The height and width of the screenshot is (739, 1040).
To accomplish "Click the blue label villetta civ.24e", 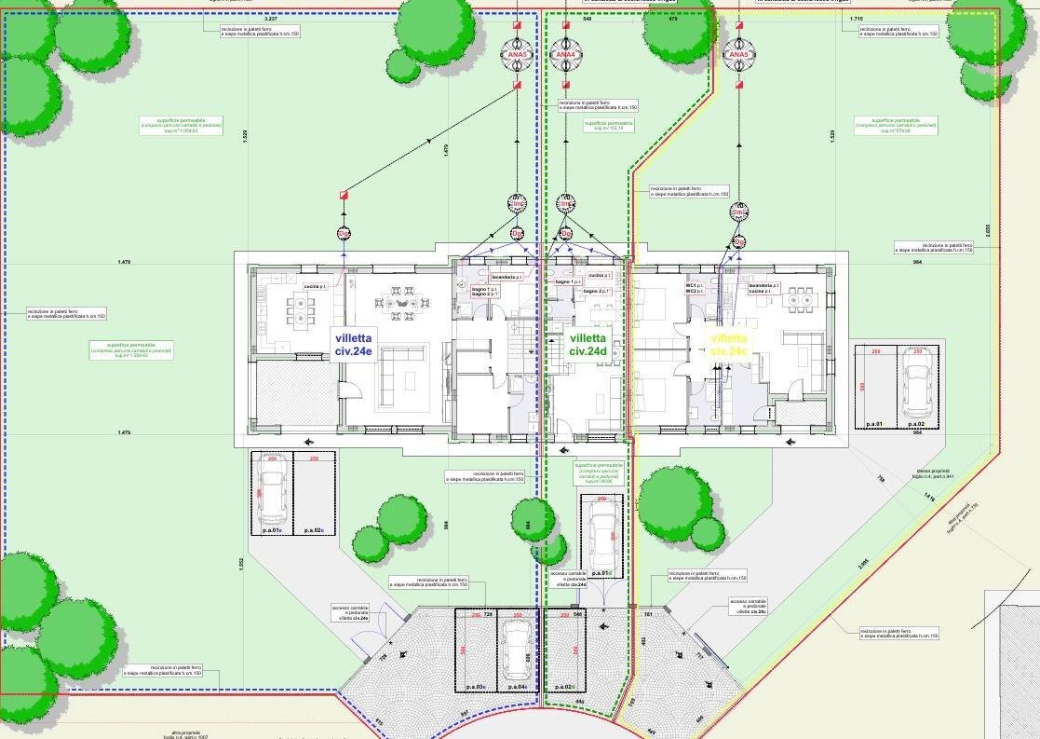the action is point(353,345).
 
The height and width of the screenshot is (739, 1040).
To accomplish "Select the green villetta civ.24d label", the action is point(588,345).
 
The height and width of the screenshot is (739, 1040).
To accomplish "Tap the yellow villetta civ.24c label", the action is point(728,344).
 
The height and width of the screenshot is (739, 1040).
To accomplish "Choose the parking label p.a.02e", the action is point(313,530).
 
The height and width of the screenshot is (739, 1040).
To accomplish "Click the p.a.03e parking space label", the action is point(475,687).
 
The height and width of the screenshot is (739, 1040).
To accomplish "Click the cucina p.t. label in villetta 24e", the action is point(315,287).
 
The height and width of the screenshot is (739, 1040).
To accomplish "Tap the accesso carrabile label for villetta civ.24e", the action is point(351,612).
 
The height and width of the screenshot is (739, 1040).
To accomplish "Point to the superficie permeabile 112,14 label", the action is point(608,125).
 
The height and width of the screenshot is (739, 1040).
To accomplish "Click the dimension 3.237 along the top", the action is point(271,19).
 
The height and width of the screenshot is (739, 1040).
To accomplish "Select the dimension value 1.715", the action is point(857,19).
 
